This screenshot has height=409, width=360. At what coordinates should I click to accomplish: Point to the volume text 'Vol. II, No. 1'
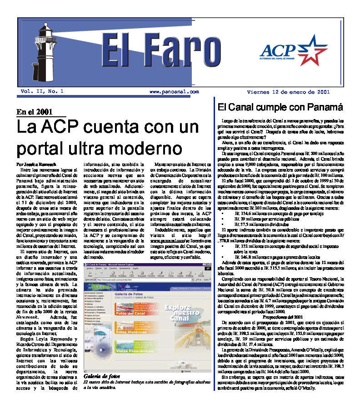[x=41, y=91]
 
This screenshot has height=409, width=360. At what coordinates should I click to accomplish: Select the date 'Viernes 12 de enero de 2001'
[x=288, y=91]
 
